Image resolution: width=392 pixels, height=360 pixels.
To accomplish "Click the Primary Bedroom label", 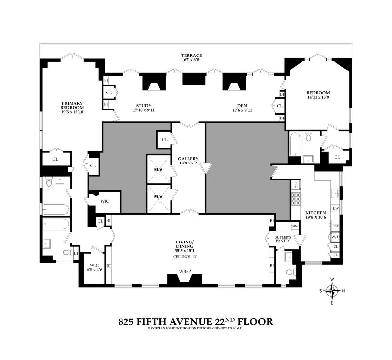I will (72, 105).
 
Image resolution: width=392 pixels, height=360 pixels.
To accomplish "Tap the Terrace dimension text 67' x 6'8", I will (192, 60).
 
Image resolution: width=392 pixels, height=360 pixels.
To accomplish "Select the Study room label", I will (143, 106).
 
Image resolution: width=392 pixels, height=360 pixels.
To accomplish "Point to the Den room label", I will (242, 106).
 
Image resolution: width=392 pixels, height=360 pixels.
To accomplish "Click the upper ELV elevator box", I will (158, 170).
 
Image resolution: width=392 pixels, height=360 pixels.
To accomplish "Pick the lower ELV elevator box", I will (158, 197).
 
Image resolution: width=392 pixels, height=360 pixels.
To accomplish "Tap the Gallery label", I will (188, 159).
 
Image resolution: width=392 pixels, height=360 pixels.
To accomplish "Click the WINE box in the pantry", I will (295, 226).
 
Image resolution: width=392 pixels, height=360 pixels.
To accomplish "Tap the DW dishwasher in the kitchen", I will (335, 208).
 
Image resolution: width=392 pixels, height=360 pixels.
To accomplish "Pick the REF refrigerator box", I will (335, 226).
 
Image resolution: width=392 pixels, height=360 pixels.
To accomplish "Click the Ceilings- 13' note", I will (185, 257).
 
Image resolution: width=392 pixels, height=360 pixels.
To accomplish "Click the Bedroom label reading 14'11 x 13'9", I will (318, 95).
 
